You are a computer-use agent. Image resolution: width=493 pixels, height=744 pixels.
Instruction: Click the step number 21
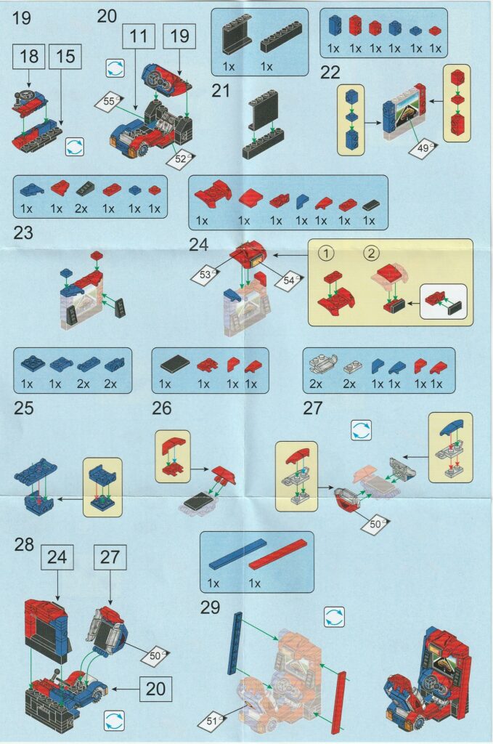221,90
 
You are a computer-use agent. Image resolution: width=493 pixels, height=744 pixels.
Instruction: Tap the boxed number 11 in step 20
139,36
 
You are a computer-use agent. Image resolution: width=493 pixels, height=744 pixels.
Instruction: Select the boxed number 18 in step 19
29,57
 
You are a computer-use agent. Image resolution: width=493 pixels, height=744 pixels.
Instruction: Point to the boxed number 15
65,57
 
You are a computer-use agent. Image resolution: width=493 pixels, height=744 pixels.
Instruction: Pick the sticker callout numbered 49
423,148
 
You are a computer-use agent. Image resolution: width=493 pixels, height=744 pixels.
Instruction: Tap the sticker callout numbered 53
205,275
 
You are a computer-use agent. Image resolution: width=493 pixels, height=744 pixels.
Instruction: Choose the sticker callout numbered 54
289,280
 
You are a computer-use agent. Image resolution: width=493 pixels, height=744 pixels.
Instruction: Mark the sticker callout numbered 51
212,721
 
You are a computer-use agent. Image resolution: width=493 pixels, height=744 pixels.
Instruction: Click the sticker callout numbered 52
181,159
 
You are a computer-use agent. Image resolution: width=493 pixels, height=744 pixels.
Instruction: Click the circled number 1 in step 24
326,254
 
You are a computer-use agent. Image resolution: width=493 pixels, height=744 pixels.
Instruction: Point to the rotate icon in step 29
335,618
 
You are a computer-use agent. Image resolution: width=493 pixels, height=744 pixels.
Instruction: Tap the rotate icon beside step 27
362,431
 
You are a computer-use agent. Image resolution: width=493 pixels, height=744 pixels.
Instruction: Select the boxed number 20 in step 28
155,689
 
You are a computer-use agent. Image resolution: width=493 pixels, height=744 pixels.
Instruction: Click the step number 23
23,233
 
